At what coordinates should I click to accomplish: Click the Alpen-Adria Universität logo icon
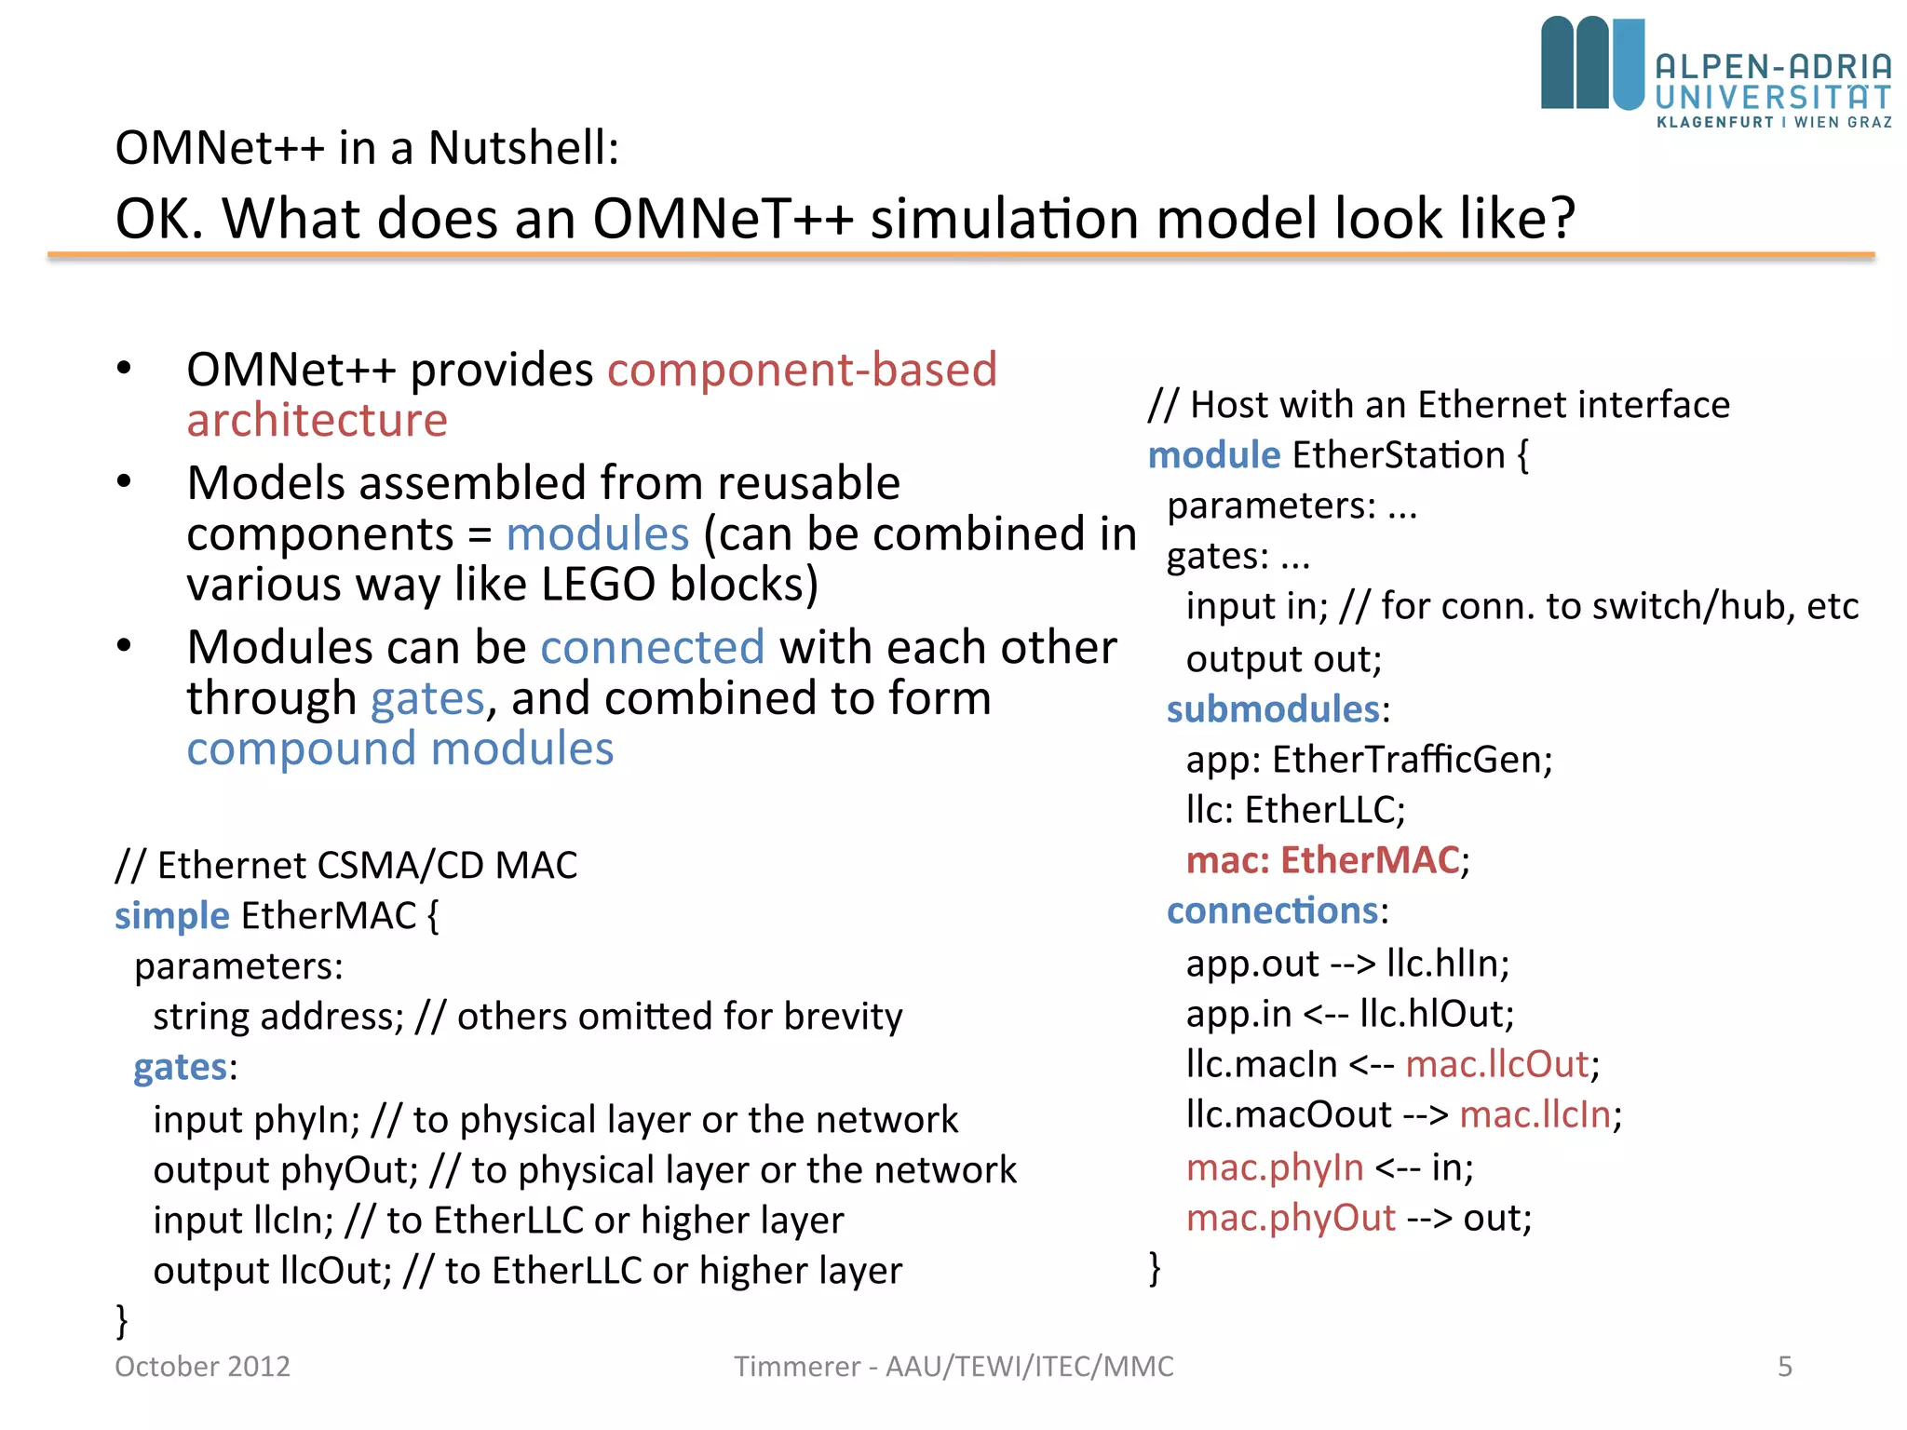pyautogui.click(x=1592, y=63)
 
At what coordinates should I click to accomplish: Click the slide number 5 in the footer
pyautogui.click(x=1784, y=1366)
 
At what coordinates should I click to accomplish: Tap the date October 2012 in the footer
pyautogui.click(x=202, y=1366)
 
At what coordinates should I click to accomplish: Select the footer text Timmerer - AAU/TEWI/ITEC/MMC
pyautogui.click(x=953, y=1366)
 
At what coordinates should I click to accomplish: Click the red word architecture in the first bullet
pyautogui.click(x=317, y=420)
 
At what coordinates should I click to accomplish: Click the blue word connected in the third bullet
pyautogui.click(x=652, y=647)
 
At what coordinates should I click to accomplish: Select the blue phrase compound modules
pyautogui.click(x=399, y=749)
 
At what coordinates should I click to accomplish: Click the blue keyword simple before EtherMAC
pyautogui.click(x=171, y=916)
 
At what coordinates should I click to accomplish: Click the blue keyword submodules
pyautogui.click(x=1272, y=709)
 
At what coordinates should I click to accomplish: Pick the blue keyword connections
pyautogui.click(x=1272, y=911)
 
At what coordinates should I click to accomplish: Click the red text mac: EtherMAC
pyautogui.click(x=1322, y=860)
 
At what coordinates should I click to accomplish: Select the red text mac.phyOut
pyautogui.click(x=1291, y=1218)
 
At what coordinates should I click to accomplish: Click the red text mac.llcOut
pyautogui.click(x=1496, y=1064)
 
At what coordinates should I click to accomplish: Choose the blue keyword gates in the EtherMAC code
pyautogui.click(x=180, y=1067)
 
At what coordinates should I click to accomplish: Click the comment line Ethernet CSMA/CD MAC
pyautogui.click(x=346, y=865)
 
